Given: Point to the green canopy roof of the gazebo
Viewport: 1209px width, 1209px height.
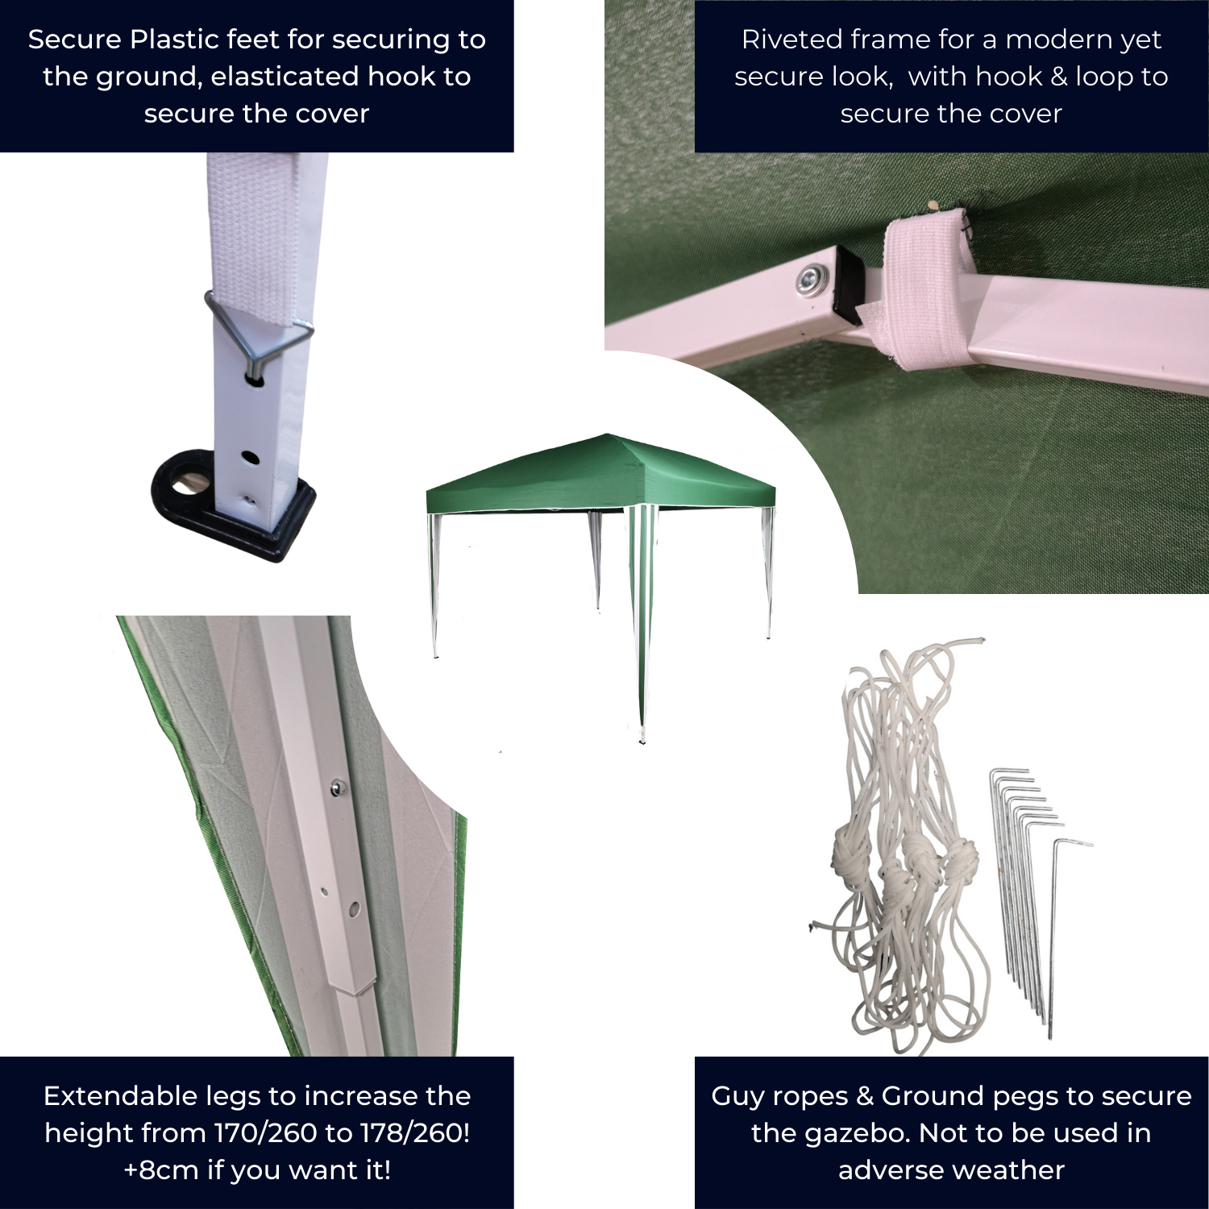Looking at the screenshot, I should (600, 472).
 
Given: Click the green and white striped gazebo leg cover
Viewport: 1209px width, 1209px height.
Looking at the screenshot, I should (642, 613).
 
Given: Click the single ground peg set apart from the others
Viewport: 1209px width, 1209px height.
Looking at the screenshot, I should (1054, 935).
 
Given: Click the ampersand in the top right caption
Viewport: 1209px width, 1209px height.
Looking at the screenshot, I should (1059, 77).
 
